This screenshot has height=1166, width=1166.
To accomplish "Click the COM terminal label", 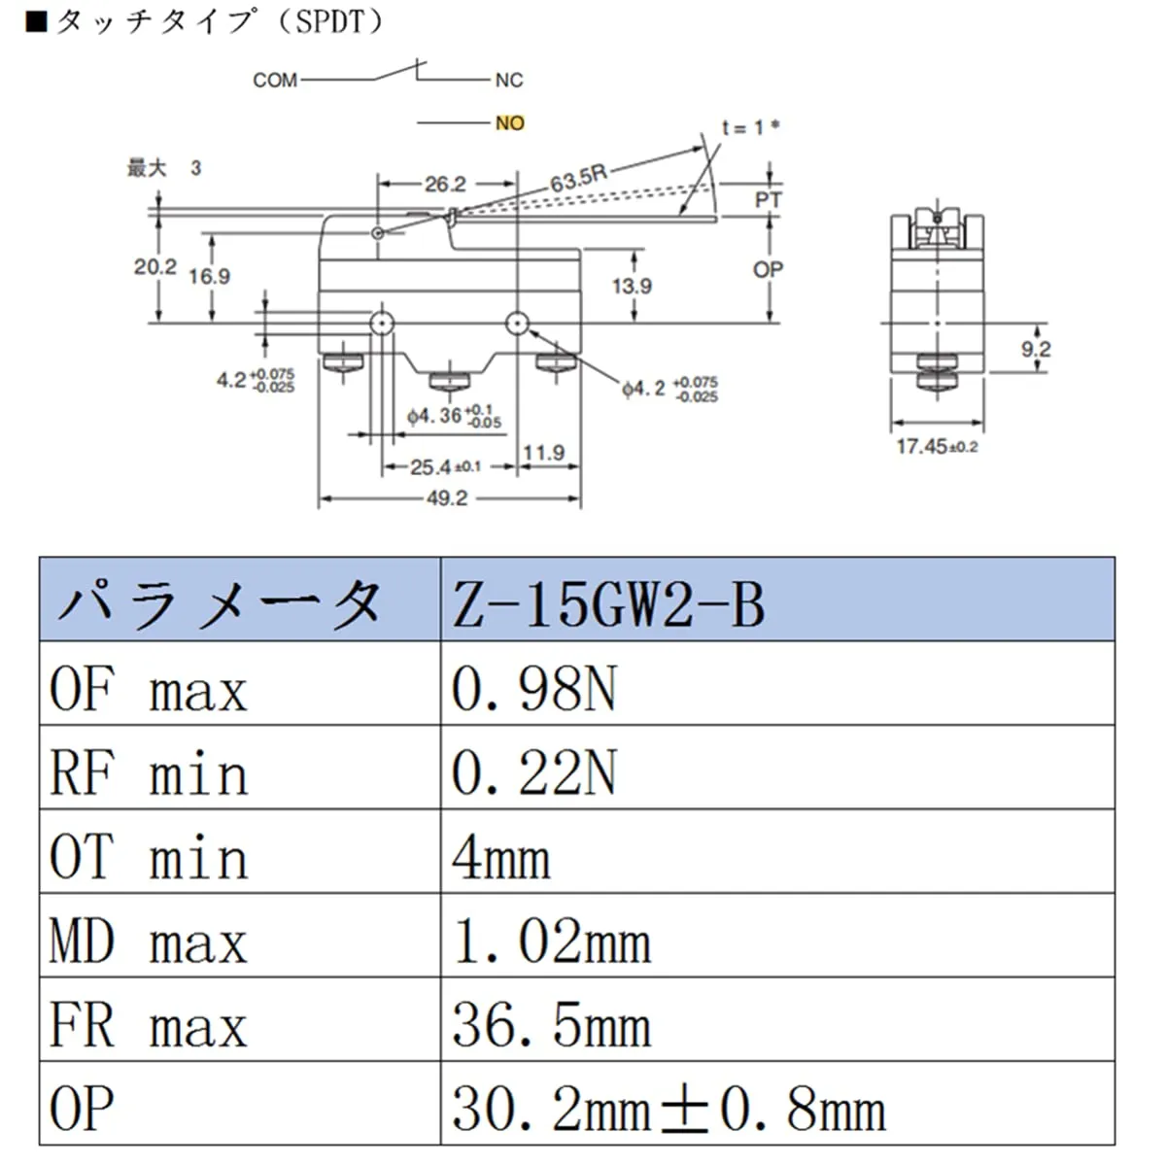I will point(275,81).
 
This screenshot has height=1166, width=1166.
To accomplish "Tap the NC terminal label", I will point(508,81).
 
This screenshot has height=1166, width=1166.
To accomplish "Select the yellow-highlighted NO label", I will point(509,123).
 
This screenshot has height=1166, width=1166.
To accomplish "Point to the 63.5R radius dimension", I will point(577,178).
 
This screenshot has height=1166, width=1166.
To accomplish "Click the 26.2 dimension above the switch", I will point(445,184).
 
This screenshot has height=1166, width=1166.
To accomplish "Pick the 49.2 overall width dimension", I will point(446,497).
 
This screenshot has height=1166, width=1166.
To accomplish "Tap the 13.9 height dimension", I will point(632,286).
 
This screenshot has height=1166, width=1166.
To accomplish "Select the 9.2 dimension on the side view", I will point(1036,348).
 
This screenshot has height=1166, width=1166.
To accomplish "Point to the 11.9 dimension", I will point(543,452).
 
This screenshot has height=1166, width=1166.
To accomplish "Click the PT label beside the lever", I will point(769,200).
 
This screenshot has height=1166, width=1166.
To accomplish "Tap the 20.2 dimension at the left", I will point(154,265).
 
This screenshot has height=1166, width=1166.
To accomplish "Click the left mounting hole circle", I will point(381,323).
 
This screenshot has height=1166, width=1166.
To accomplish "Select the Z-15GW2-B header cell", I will point(776,600).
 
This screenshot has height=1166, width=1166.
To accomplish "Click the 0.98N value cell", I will point(776,684).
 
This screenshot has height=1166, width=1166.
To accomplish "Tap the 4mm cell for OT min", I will point(776,852).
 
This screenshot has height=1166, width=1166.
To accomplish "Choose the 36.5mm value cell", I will point(776,1020).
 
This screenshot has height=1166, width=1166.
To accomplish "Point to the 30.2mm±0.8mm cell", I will point(776,1104).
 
